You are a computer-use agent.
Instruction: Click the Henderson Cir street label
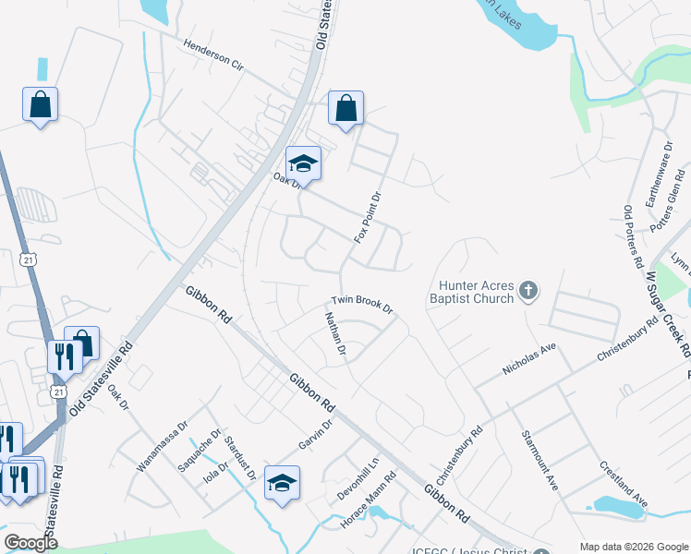[212, 55]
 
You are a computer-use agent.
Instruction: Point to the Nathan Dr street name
[334, 334]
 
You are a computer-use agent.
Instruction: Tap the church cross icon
[527, 293]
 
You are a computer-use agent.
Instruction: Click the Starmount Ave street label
[539, 459]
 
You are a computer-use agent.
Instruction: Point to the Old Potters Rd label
[633, 236]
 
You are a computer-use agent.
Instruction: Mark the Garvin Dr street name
[316, 436]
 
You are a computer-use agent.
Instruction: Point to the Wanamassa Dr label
[162, 447]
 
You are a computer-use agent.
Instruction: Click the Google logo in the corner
[31, 543]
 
